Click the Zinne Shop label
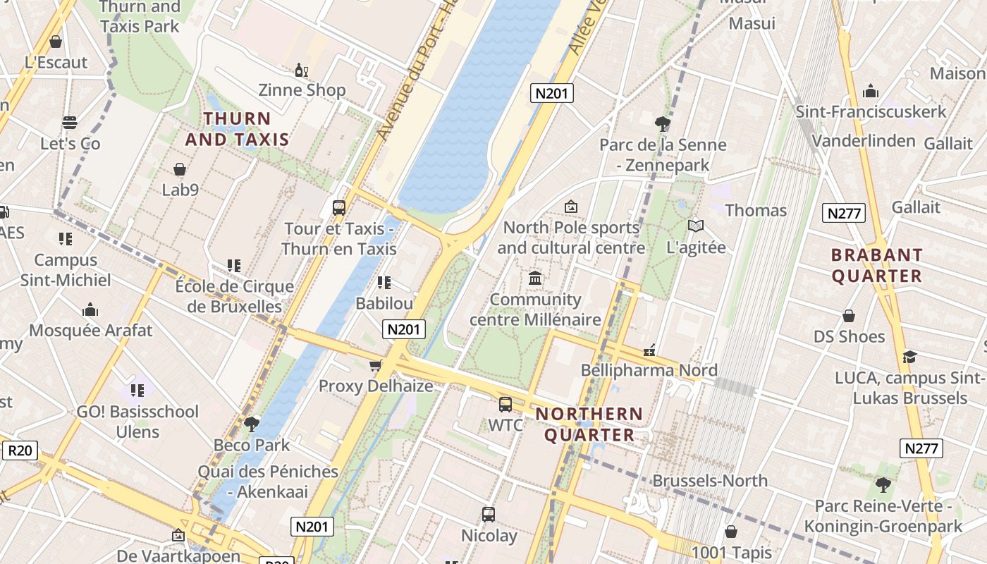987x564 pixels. coord(302,90)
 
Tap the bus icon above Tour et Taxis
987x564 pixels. coord(339,208)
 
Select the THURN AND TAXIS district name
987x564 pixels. coord(237,129)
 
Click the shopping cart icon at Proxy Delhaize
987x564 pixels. coord(376,365)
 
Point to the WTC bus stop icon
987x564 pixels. coord(505,405)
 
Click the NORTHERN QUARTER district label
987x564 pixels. coord(589,424)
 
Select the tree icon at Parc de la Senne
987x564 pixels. coord(662,124)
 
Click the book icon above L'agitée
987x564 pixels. coord(696,226)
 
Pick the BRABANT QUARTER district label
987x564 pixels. coord(877,266)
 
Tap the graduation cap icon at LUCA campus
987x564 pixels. coord(909,357)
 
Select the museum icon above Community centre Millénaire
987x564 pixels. coord(535,278)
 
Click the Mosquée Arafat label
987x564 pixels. coord(90,331)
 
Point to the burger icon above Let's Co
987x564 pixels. coord(69,123)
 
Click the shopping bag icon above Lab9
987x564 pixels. coord(180,169)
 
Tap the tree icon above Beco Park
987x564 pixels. coord(252,424)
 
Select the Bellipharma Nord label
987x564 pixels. coord(649,370)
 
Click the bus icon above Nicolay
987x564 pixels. coord(489,515)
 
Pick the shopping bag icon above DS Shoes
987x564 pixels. coord(849,316)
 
